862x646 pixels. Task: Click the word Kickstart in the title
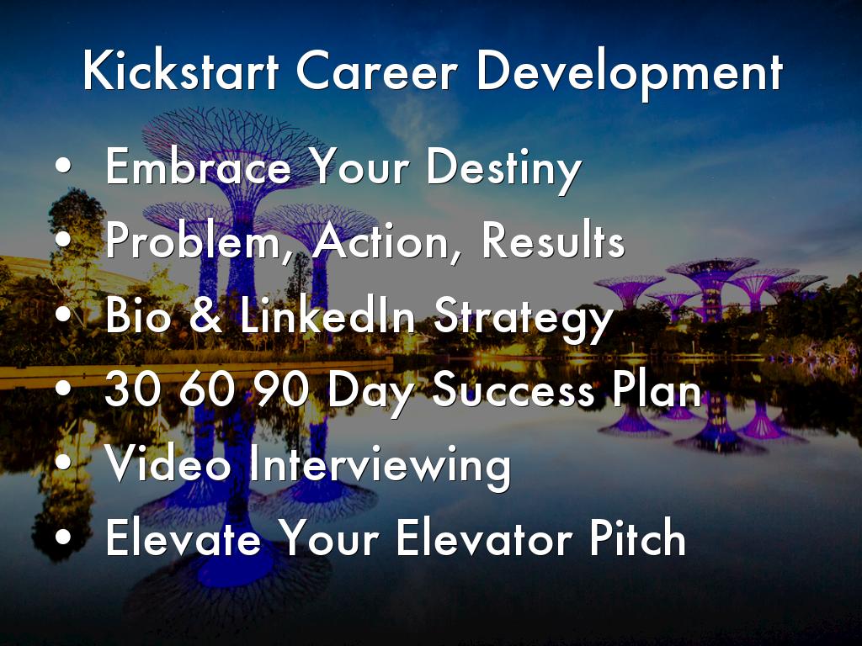tap(181, 70)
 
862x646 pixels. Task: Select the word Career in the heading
tap(376, 71)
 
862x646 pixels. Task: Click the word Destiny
tap(504, 169)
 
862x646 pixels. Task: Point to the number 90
tap(281, 388)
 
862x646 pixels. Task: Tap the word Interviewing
tap(380, 467)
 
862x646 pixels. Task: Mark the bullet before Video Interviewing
tap(63, 462)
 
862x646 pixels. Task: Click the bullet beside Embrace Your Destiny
tap(63, 165)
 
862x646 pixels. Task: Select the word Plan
tap(657, 388)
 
